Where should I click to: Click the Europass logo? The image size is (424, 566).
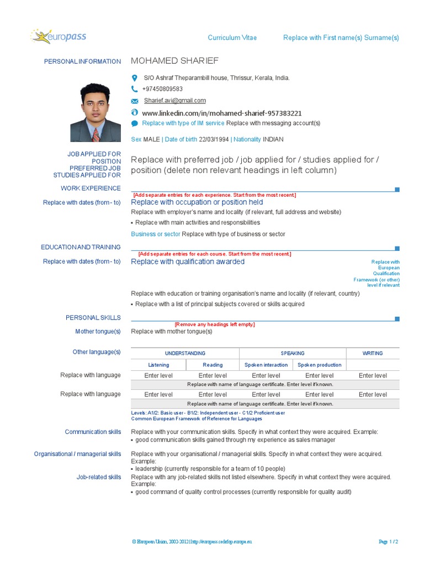coord(59,37)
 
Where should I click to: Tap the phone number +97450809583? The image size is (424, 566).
coord(162,89)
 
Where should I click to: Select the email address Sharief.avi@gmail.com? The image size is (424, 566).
coord(174,101)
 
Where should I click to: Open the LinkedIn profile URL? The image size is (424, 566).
coord(222,113)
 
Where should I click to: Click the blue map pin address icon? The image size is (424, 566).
coord(134,78)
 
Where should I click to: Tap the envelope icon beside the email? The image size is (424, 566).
coord(134,101)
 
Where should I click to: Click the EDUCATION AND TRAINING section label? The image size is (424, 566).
coord(81,247)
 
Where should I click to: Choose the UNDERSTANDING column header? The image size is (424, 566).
coord(185,353)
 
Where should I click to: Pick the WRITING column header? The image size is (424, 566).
coord(373,353)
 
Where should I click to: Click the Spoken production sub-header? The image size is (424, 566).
coord(319,365)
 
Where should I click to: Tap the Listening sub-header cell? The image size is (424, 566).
coord(158,365)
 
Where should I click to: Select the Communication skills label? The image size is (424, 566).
coord(93,432)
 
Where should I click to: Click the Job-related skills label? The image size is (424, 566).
coord(98,477)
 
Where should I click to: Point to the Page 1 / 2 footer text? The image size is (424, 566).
coord(389,542)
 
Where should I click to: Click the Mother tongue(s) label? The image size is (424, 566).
coord(98,331)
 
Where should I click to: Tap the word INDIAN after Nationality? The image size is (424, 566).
coord(273,140)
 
